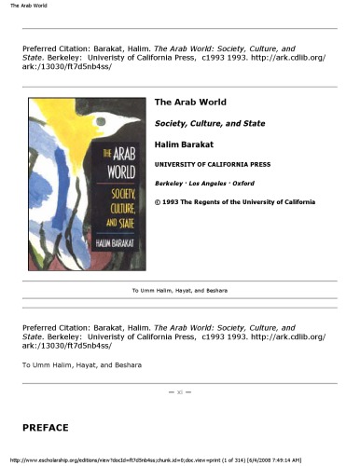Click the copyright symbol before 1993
pyautogui.click(x=157, y=202)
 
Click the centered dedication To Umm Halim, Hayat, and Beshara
pyautogui.click(x=179, y=291)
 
